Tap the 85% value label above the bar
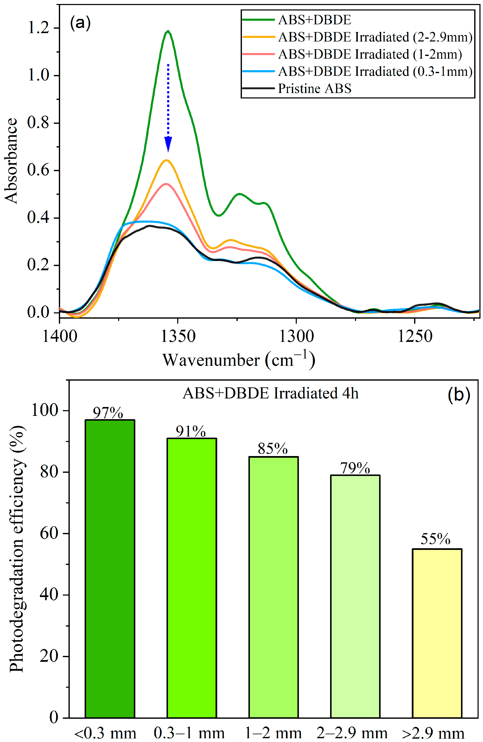(272, 449)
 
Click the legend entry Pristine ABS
(314, 89)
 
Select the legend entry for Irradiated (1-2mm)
(369, 54)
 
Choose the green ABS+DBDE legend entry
(314, 20)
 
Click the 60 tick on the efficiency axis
(49, 533)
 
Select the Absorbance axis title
(11, 161)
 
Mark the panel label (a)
(80, 23)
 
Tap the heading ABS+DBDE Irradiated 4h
(270, 393)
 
